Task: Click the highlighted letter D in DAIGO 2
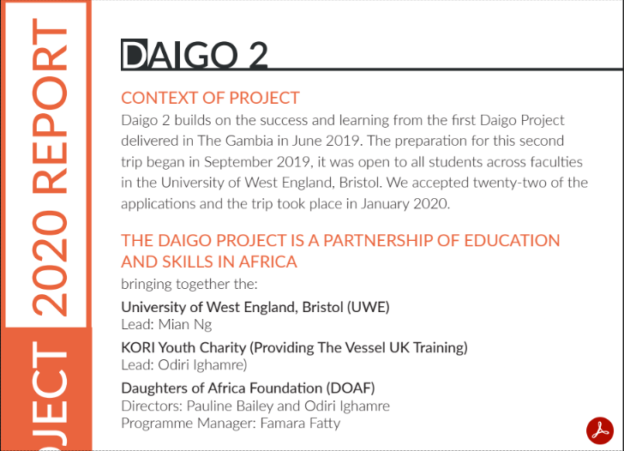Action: [134, 55]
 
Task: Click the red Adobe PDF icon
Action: [600, 430]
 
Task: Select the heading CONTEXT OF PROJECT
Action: [210, 98]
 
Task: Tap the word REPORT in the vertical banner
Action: [50, 105]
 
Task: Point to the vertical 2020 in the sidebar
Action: [50, 263]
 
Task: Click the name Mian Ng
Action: [185, 325]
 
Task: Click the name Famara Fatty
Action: [301, 424]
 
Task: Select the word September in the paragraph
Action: [237, 162]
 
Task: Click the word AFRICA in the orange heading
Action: [267, 262]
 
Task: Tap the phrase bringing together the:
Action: [189, 284]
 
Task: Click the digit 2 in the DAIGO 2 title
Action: [258, 55]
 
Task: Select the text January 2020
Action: [405, 204]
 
